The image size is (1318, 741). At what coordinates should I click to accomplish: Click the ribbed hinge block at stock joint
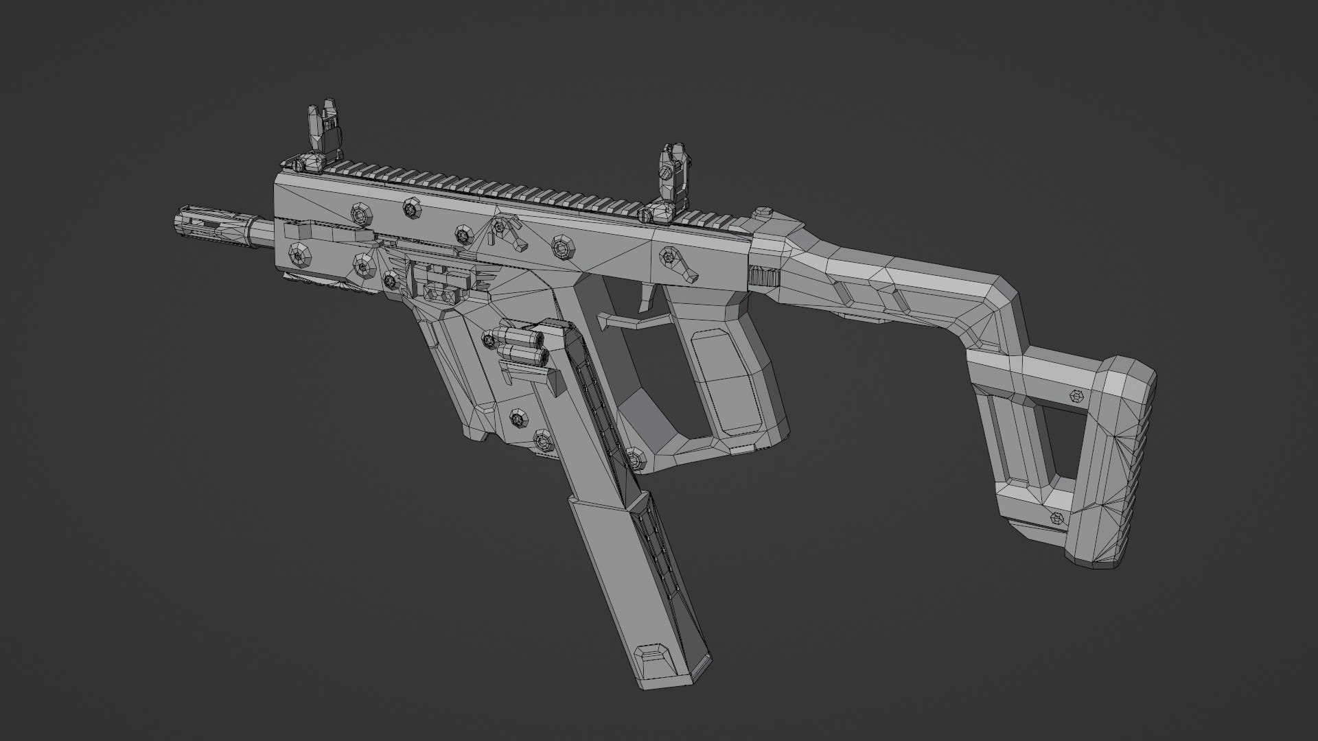(763, 276)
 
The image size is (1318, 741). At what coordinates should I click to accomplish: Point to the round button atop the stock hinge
(761, 214)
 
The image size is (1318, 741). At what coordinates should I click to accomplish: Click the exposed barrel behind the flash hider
(262, 233)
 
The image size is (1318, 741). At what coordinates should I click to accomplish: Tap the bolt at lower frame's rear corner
(635, 456)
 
